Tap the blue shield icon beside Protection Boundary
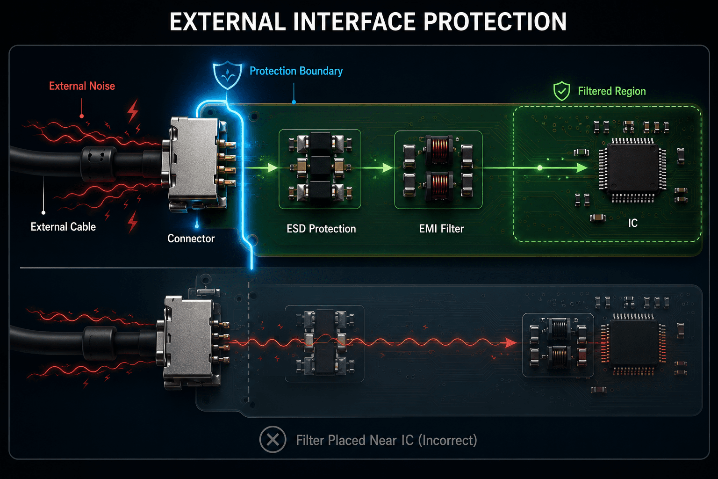[x=228, y=75]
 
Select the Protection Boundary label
[x=296, y=71]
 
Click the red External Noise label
[x=82, y=86]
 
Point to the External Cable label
[x=63, y=227]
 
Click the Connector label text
[x=191, y=239]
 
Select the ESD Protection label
[x=321, y=229]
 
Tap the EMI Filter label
[x=441, y=229]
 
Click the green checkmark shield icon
[x=561, y=91]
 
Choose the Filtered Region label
[x=611, y=91]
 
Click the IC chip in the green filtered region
[x=633, y=170]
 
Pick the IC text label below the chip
[x=633, y=223]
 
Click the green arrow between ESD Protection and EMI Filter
[x=378, y=167]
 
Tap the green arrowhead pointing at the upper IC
[x=582, y=167]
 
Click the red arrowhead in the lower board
[x=511, y=343]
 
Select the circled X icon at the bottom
[x=273, y=440]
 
